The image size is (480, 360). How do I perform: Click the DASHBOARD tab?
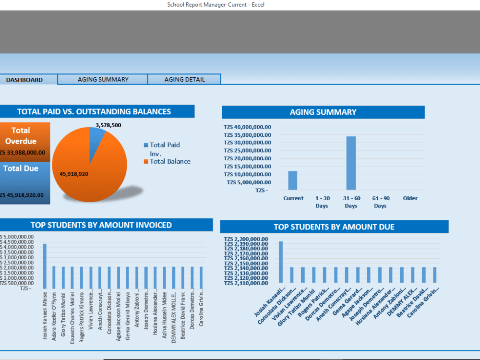click(25, 80)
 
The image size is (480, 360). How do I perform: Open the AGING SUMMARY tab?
click(103, 80)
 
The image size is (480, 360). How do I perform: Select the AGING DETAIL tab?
click(184, 80)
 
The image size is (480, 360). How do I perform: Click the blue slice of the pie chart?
click(97, 137)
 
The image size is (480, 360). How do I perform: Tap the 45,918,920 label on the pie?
click(74, 174)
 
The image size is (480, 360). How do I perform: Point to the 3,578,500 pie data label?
click(108, 125)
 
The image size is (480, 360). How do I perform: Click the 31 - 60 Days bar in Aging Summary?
click(351, 163)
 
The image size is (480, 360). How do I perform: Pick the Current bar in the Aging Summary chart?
click(293, 180)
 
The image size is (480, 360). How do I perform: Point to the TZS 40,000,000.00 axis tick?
click(247, 127)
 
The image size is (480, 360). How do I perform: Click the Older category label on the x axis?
click(410, 198)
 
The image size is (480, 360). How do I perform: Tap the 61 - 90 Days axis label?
click(380, 202)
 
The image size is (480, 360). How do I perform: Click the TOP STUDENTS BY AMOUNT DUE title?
click(334, 227)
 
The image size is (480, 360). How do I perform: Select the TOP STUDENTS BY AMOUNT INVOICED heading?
click(101, 225)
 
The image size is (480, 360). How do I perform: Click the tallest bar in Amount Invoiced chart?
click(45, 266)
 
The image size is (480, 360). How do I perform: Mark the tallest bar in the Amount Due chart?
click(281, 262)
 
